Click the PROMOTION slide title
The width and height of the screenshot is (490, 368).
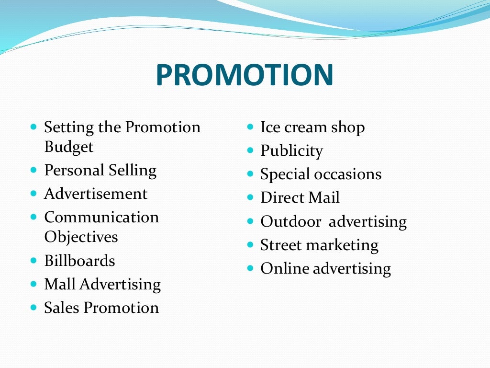coord(244,75)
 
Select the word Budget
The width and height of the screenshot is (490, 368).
coord(68,147)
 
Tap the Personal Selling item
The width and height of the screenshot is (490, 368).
coord(100,170)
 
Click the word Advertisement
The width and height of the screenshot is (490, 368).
coord(96,194)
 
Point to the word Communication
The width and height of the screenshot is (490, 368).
coord(101,217)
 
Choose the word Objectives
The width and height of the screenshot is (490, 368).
coord(81,237)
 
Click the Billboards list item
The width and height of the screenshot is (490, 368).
coord(79,261)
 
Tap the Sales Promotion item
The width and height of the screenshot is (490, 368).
coord(101,308)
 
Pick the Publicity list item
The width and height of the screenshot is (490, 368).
coord(291,151)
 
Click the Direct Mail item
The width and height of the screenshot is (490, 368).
coord(300,197)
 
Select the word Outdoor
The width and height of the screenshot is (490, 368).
coord(291,221)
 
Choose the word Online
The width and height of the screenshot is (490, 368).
coord(285,268)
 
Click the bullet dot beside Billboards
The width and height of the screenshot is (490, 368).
coord(33,261)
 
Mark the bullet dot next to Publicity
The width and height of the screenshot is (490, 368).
coord(250,150)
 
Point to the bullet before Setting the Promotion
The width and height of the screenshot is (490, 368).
coord(33,127)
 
